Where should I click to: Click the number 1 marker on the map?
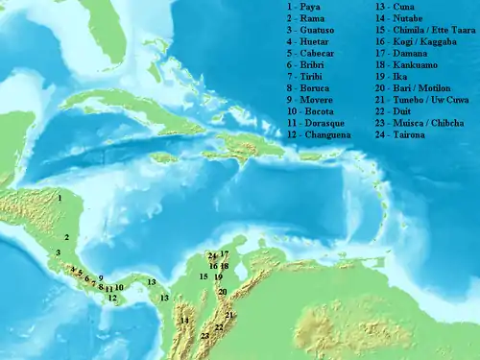(60, 198)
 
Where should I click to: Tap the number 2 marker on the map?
(67, 236)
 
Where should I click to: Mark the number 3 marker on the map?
(59, 252)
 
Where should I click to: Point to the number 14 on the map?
(185, 320)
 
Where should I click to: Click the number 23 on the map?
(205, 336)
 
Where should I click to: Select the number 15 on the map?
(204, 276)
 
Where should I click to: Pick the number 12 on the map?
(112, 299)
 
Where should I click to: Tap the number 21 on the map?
(228, 315)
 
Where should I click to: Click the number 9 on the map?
(100, 277)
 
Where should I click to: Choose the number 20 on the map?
(223, 291)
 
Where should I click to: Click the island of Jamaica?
(165, 156)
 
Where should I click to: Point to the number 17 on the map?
(224, 254)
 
